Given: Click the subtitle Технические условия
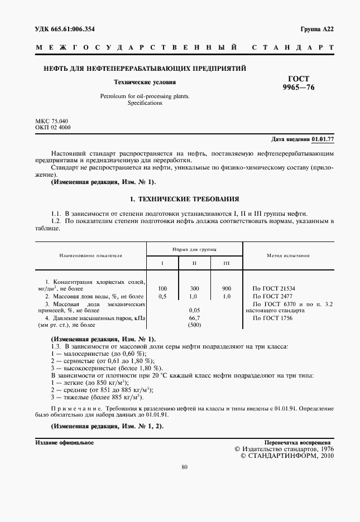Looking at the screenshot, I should (x=145, y=81).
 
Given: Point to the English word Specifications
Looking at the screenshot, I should (x=145, y=103).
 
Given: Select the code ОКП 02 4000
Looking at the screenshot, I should (x=53, y=128).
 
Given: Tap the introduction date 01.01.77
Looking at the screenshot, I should (x=323, y=139).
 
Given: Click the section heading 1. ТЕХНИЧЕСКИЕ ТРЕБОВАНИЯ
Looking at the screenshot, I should (x=184, y=199).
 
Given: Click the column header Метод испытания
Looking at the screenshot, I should (x=288, y=255).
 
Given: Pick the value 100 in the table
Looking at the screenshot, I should (x=162, y=288).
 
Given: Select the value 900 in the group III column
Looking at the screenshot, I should (x=227, y=288).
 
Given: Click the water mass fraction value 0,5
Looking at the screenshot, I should (x=162, y=296).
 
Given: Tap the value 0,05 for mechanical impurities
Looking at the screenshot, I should (x=194, y=310).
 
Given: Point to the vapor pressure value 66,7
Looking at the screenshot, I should (x=194, y=317).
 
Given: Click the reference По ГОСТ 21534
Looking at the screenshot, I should (x=274, y=288).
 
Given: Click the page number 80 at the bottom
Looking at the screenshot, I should (x=184, y=467).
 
